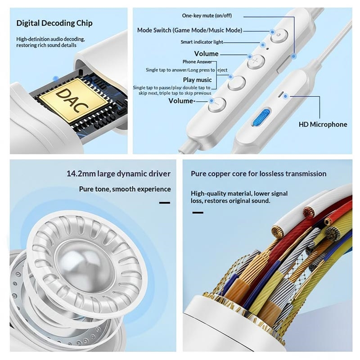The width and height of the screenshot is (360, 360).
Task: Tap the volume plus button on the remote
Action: click(256, 61)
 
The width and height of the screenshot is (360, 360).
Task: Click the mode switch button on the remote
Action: click(279, 36)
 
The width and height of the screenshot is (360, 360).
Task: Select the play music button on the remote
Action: click(237, 83)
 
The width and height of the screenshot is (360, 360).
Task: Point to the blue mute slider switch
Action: click(261, 117)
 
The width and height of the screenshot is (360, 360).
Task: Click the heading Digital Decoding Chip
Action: click(54, 23)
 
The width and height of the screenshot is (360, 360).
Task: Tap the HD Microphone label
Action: click(323, 125)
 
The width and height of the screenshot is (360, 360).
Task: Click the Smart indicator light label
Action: click(202, 42)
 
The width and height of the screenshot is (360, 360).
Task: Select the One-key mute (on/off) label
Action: click(207, 16)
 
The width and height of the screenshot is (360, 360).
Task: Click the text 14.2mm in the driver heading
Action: click(77, 174)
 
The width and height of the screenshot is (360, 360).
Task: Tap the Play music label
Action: click(198, 80)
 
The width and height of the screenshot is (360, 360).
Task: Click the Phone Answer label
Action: click(197, 62)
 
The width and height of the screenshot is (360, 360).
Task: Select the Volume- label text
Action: click(182, 101)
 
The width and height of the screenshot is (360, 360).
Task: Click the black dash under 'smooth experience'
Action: click(165, 203)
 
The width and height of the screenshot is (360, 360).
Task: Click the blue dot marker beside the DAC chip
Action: click(55, 79)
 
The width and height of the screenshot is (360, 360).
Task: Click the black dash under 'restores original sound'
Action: click(198, 212)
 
